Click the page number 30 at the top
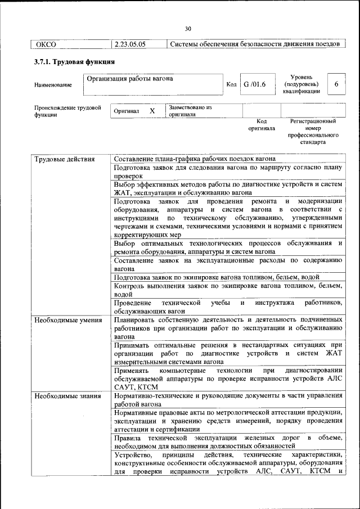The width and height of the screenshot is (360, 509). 188,29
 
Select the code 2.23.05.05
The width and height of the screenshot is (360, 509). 130,44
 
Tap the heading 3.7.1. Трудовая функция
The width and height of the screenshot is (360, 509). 74,62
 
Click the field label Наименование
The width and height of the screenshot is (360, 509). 53,85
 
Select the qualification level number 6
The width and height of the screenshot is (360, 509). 336,84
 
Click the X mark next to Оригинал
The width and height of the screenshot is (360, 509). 152,111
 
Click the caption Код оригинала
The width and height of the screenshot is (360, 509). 262,124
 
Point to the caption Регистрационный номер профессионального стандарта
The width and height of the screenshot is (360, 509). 313,132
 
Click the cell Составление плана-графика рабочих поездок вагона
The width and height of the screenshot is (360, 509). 195,159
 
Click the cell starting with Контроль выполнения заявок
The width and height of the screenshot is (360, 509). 228,290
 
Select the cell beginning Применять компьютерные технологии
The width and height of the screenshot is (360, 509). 228,379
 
